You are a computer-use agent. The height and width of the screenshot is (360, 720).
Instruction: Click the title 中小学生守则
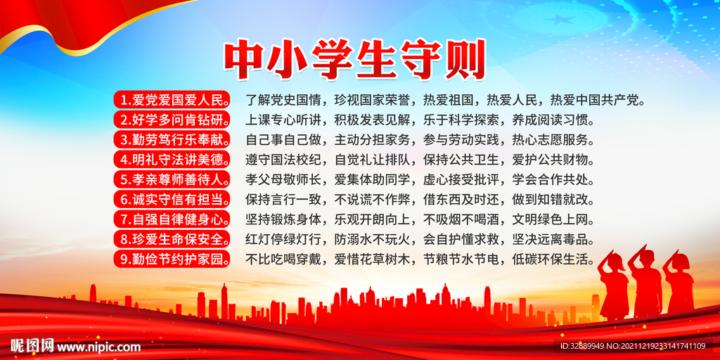tap(355, 60)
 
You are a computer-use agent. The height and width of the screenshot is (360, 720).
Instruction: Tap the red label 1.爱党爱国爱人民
tap(172, 99)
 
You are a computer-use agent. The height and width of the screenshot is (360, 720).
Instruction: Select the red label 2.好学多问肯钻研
tap(172, 119)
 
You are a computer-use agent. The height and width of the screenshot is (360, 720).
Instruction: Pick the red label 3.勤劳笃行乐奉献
tap(172, 139)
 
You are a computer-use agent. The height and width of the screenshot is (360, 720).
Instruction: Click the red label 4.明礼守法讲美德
tap(172, 159)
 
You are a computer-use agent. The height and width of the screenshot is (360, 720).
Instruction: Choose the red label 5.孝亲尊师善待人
tap(172, 179)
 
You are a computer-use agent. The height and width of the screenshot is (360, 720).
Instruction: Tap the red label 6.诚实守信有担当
tap(172, 199)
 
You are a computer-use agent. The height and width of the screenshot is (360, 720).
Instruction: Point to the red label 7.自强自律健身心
tap(172, 219)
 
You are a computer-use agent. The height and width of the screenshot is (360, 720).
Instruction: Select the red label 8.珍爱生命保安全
tap(172, 239)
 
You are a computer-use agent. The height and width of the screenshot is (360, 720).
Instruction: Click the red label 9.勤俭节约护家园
tap(172, 259)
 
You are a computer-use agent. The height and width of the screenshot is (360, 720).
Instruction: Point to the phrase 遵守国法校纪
tap(282, 159)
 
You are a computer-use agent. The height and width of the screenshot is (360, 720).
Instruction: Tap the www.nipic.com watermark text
tap(98, 347)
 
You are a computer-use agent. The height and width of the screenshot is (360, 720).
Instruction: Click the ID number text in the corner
tap(632, 346)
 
